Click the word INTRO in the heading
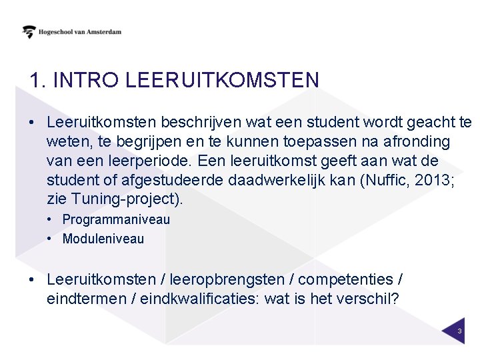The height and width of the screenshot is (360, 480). [87, 80]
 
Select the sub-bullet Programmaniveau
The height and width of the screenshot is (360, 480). [116, 219]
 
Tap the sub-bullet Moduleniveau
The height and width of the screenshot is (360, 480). [103, 239]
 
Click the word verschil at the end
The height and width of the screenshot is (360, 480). [371, 299]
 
